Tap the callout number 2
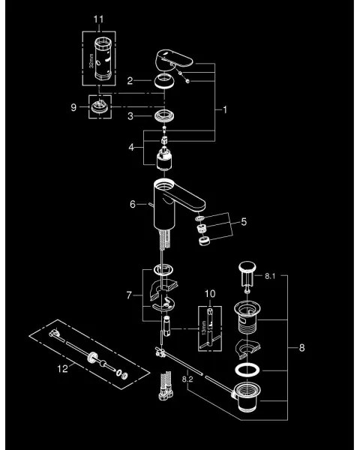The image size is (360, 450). (x=130, y=81)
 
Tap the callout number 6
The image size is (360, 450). (x=133, y=203)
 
